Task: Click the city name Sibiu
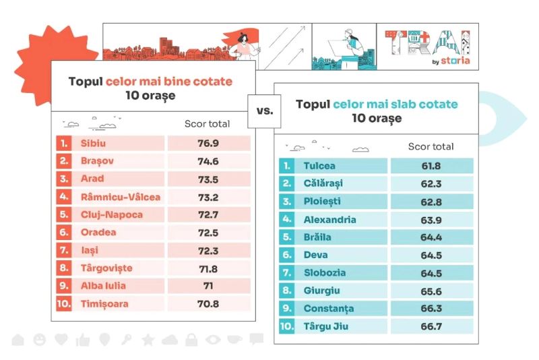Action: (x=93, y=144)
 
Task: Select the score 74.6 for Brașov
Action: (x=208, y=161)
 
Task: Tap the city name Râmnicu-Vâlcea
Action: (x=119, y=197)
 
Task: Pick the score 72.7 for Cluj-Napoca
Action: (x=208, y=214)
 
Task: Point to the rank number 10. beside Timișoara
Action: (x=65, y=304)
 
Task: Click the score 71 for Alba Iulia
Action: (x=208, y=286)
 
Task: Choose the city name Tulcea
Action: (x=319, y=166)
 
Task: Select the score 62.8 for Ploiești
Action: (x=431, y=202)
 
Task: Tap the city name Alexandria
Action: (x=329, y=220)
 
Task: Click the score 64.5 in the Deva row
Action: (x=431, y=256)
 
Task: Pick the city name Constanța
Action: (x=329, y=309)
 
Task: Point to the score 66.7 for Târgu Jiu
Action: (x=431, y=327)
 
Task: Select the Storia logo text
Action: (x=455, y=60)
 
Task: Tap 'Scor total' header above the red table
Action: (x=207, y=124)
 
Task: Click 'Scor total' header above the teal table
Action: (x=431, y=146)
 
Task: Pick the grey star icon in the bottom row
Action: (x=148, y=339)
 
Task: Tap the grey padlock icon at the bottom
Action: (x=191, y=339)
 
